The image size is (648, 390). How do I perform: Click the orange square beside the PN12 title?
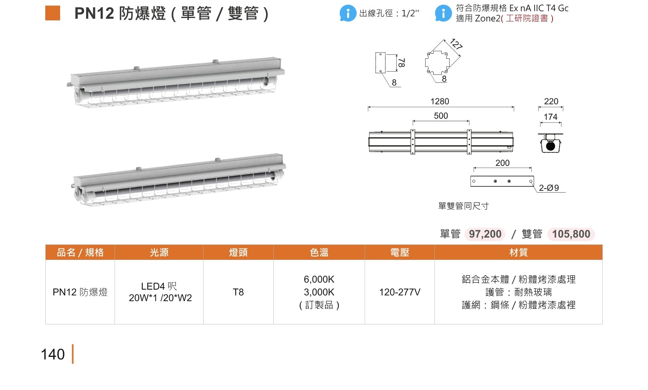coord(52,13)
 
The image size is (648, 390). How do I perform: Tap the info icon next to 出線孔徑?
coord(348,13)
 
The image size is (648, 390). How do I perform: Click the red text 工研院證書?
coord(527,18)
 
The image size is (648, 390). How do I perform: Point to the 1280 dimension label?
coord(440,101)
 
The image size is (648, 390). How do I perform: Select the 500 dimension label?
coord(441,116)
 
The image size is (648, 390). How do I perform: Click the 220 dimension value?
coord(551,101)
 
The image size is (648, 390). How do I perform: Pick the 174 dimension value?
coord(550,117)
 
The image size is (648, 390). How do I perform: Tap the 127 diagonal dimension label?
coord(456,44)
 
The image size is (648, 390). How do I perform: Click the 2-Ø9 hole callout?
coord(549,188)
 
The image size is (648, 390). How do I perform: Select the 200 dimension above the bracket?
coord(503,163)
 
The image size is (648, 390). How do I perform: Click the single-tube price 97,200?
coord(485,234)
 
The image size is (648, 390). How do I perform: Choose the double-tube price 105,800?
coord(571,234)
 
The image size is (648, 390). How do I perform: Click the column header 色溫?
coord(319,252)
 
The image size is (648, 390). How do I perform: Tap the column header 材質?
coord(519,252)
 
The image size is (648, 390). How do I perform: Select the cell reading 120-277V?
coord(400,292)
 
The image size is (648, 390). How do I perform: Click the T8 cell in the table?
coord(238,292)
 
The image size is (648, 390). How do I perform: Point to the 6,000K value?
coord(319,280)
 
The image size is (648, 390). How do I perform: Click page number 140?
coord(52,354)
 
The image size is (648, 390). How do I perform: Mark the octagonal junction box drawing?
coord(437,62)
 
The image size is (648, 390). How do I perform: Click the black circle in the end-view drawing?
coord(551,146)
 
